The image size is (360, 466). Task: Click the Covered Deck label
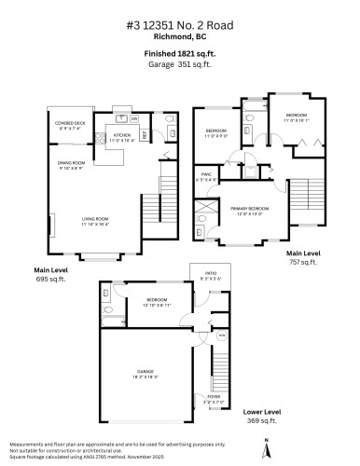[71, 125]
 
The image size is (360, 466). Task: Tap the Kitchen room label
[124, 138]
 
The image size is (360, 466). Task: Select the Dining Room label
[74, 167]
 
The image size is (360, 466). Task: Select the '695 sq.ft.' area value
[48, 278]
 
